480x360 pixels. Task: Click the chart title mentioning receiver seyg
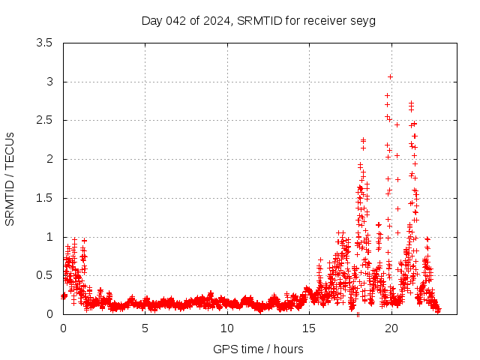[259, 20]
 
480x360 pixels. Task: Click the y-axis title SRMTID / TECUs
[10, 178]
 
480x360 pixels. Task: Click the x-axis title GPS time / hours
[259, 349]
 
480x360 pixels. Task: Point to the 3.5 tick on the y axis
[45, 43]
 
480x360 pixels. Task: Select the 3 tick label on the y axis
[49, 82]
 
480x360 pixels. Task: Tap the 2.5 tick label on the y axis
[45, 120]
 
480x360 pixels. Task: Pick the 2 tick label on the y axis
[49, 159]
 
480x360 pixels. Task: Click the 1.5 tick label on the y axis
[45, 198]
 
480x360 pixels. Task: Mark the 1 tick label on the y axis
[49, 237]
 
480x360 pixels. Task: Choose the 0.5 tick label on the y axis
[45, 275]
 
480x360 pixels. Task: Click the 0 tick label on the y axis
[49, 314]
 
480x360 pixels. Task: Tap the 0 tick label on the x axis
[63, 328]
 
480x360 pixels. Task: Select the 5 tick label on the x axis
[145, 328]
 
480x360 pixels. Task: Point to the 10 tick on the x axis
[227, 328]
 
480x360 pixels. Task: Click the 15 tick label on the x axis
[309, 328]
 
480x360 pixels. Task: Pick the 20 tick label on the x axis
[391, 328]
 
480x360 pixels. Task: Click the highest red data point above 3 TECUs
[390, 76]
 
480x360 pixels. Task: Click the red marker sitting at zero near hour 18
[358, 314]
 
